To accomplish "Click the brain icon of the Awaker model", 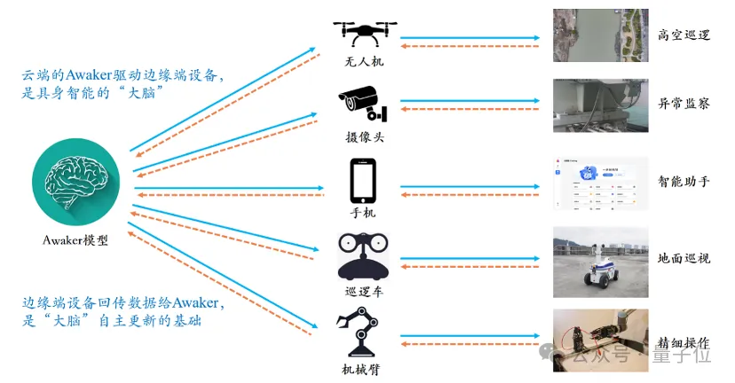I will pos(75,189).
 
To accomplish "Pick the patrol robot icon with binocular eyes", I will pos(363,255).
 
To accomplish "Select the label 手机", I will pos(363,214).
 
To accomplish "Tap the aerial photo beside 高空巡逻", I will pos(597,35).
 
